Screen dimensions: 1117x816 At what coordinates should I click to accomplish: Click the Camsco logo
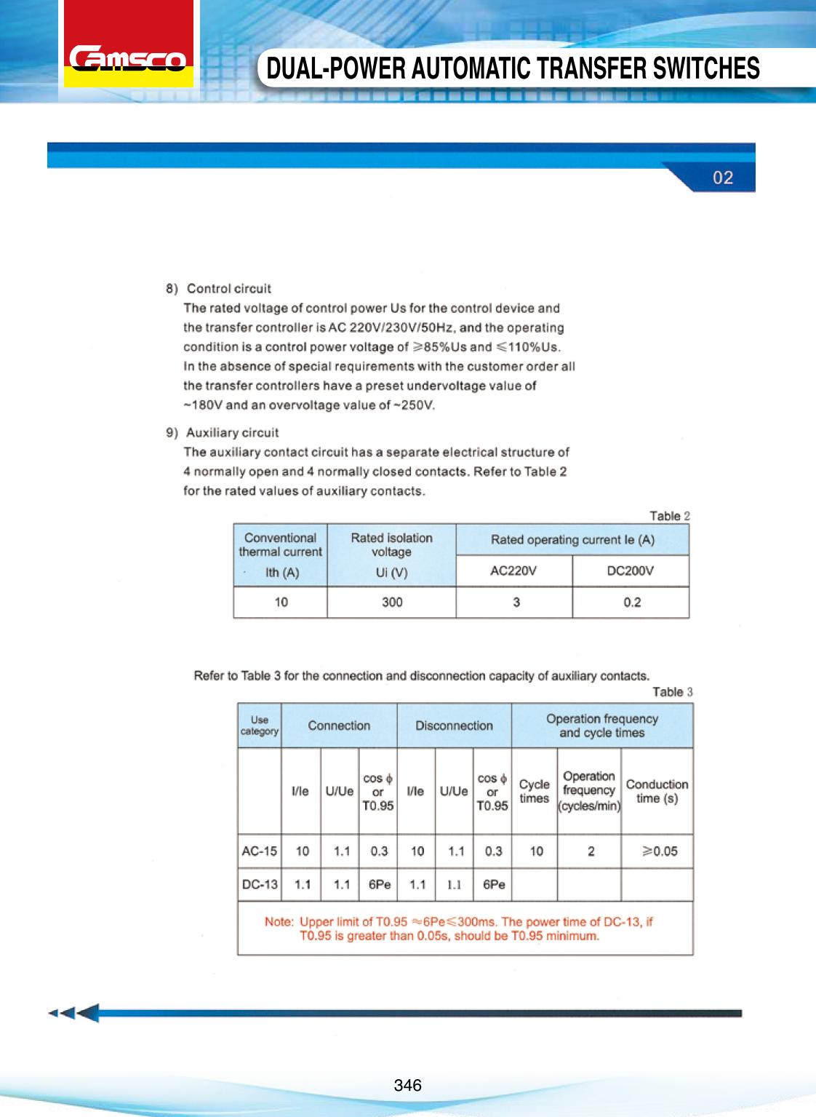(128, 59)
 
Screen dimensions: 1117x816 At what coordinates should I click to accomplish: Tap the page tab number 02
(722, 178)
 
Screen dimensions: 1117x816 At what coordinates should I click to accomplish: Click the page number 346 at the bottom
(407, 1085)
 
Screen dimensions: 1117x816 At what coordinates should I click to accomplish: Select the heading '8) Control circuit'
(219, 289)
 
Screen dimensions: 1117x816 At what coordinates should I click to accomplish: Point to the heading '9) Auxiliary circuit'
(223, 433)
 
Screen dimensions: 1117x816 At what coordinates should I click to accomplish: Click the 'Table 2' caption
(669, 516)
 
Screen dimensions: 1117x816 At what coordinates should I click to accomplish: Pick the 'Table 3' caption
(672, 692)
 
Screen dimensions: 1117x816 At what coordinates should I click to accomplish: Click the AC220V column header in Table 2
(513, 571)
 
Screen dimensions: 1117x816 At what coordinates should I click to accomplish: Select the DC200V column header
(630, 571)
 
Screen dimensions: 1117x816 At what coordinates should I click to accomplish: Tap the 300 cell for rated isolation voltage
(392, 602)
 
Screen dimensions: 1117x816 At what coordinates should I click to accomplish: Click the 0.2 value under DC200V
(631, 602)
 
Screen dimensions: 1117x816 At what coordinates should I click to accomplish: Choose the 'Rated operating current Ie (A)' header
(572, 540)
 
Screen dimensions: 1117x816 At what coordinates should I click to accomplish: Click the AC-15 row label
(259, 851)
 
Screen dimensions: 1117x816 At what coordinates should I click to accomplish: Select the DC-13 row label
(260, 884)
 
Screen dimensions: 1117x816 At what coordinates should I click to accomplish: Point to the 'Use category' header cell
(260, 726)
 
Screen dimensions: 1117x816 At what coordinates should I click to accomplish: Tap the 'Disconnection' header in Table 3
(454, 726)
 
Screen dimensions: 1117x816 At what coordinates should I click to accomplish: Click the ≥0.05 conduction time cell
(659, 851)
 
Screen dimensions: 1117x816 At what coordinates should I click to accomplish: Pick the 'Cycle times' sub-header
(534, 791)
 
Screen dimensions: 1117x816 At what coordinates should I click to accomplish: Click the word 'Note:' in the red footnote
(279, 922)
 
